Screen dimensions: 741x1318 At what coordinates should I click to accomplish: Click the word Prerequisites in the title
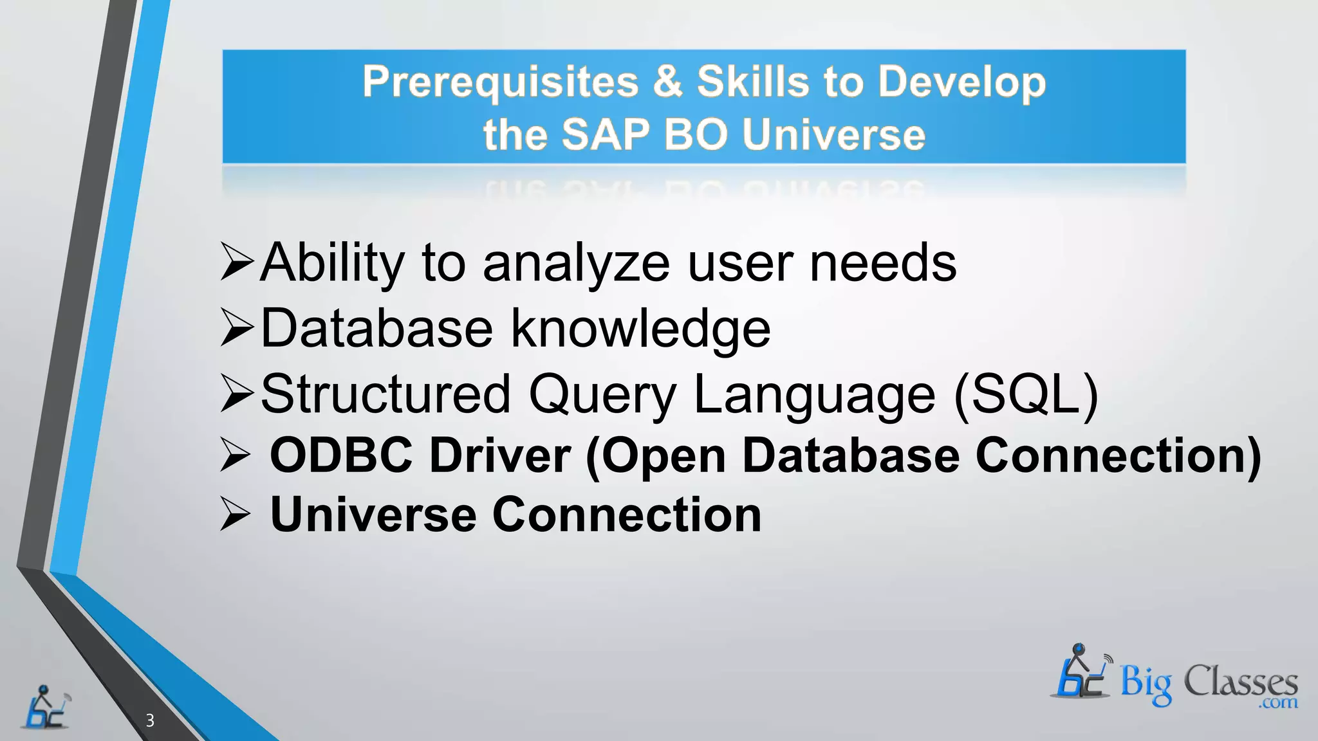pyautogui.click(x=500, y=83)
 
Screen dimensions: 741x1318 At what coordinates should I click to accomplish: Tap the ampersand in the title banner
pyautogui.click(x=667, y=82)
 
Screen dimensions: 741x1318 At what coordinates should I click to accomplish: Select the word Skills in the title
pyautogui.click(x=752, y=82)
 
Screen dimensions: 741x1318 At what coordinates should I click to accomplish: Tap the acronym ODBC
pyautogui.click(x=341, y=455)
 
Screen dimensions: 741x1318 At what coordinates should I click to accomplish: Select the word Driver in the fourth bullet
pyautogui.click(x=499, y=455)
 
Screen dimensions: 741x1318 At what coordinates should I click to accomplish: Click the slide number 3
pyautogui.click(x=150, y=720)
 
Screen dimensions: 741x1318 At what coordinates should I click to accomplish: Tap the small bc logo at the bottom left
pyautogui.click(x=46, y=708)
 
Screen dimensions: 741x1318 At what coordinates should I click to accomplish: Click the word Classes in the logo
pyautogui.click(x=1240, y=681)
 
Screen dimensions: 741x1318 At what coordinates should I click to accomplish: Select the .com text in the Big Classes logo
pyautogui.click(x=1279, y=702)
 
